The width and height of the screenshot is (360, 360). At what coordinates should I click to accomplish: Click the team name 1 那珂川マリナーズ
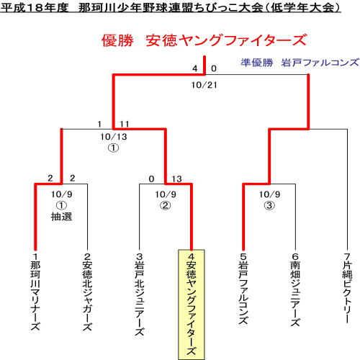(35, 292)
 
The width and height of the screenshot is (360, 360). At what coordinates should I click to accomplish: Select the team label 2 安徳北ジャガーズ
(87, 292)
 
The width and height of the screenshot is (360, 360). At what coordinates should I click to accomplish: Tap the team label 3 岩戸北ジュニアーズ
(139, 294)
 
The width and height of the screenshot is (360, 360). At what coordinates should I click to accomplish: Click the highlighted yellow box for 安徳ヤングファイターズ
(192, 305)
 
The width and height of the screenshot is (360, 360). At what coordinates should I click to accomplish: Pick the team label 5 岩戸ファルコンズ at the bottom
(243, 289)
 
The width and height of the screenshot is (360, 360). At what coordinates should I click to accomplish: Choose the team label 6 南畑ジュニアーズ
(295, 289)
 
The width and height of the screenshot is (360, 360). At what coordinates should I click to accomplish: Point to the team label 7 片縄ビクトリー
(347, 288)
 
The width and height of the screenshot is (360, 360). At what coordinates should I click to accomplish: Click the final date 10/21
(204, 85)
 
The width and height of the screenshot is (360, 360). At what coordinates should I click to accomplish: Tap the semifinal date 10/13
(114, 137)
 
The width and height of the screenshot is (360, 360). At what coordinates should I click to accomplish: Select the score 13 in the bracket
(176, 179)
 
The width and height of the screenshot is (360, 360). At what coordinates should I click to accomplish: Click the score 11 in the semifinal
(125, 124)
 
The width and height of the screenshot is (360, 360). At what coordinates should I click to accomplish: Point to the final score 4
(195, 68)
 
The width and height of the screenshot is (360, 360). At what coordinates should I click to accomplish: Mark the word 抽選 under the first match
(61, 217)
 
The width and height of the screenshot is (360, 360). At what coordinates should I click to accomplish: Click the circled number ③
(269, 205)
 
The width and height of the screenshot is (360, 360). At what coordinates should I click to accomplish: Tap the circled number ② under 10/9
(166, 205)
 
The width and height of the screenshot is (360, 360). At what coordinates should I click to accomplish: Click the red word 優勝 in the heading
(117, 40)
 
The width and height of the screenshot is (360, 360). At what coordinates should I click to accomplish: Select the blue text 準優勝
(257, 63)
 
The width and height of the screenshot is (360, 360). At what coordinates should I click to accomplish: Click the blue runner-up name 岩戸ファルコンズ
(320, 63)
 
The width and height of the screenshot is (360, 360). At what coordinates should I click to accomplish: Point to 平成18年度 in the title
(35, 7)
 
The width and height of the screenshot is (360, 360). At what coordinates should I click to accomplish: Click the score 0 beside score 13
(151, 179)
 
